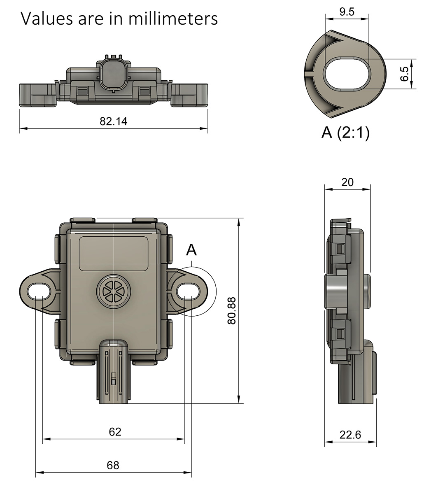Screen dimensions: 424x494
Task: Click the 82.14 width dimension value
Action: coord(114,121)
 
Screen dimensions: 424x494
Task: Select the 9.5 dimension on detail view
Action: coord(347,12)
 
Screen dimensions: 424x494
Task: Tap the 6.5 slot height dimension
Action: coord(404,74)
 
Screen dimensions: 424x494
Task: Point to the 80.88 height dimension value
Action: coord(231,310)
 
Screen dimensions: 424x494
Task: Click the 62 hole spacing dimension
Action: coord(115,432)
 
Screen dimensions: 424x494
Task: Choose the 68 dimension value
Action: coord(113,465)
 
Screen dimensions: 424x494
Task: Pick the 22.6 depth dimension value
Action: coord(350,435)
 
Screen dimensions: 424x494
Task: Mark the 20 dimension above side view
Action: coord(347,182)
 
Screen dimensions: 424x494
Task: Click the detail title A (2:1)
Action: coord(345,133)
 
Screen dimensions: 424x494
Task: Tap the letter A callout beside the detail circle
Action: coord(191,250)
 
